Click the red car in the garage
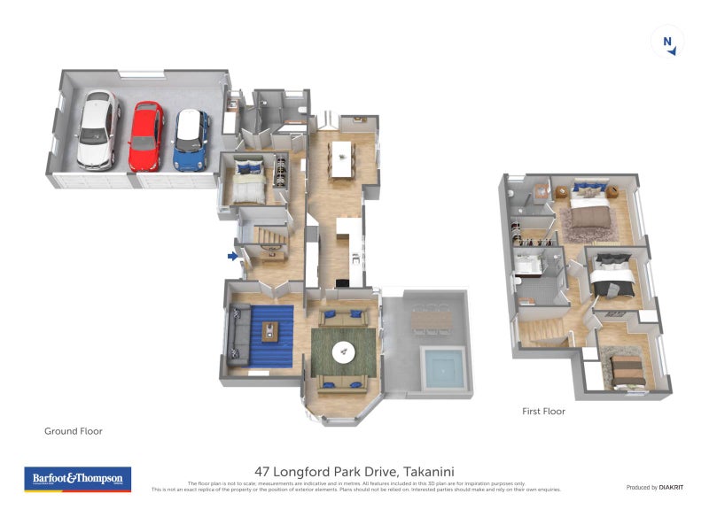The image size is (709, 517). pyautogui.click(x=146, y=136)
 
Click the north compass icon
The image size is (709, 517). pyautogui.click(x=667, y=42)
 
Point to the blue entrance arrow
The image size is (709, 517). pyautogui.click(x=232, y=257)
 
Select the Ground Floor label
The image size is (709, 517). pyautogui.click(x=74, y=431)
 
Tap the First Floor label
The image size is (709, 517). pyautogui.click(x=542, y=411)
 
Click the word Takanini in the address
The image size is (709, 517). pyautogui.click(x=435, y=472)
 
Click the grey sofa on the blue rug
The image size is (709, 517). pyautogui.click(x=238, y=335)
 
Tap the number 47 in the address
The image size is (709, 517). pyautogui.click(x=263, y=472)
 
